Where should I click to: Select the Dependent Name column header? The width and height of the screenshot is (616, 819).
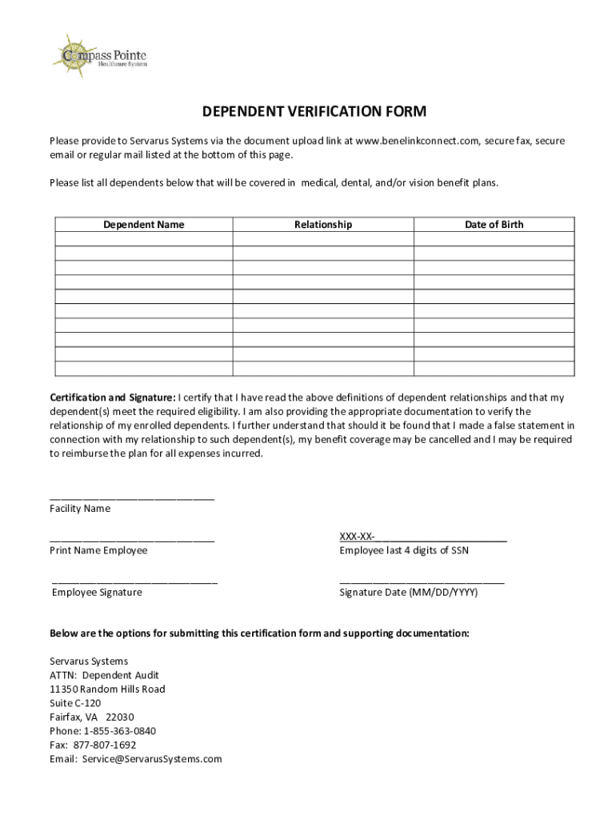pyautogui.click(x=143, y=225)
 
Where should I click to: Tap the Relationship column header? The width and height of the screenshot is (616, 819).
pyautogui.click(x=322, y=225)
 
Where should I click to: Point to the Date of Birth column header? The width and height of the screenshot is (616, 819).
pyautogui.click(x=494, y=225)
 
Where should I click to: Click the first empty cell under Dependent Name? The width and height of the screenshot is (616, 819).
pyautogui.click(x=143, y=239)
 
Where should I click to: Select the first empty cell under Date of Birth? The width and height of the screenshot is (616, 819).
pyautogui.click(x=494, y=239)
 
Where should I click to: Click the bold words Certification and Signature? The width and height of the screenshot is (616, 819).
pyautogui.click(x=112, y=398)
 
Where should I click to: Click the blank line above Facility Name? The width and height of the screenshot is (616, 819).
pyautogui.click(x=132, y=497)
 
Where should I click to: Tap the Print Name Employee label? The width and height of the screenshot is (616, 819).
pyautogui.click(x=98, y=550)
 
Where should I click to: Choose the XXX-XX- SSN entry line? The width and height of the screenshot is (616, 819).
pyautogui.click(x=423, y=537)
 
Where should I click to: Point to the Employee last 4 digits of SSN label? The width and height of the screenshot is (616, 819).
pyautogui.click(x=404, y=550)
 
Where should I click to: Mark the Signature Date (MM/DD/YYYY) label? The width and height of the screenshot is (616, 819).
pyautogui.click(x=408, y=593)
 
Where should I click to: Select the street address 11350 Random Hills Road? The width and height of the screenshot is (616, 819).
pyautogui.click(x=107, y=689)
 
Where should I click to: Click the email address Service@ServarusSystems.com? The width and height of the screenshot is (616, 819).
pyautogui.click(x=151, y=759)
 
